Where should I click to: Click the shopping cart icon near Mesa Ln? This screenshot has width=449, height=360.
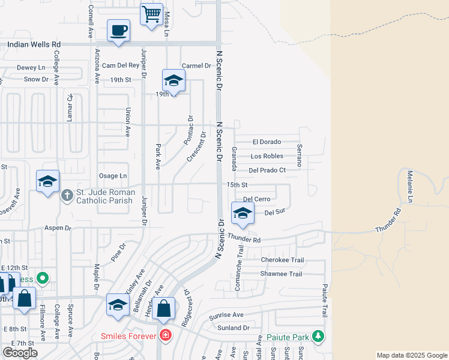[152, 14]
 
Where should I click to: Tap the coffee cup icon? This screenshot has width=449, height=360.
[119, 30]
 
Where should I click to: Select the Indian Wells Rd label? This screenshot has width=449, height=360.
[34, 44]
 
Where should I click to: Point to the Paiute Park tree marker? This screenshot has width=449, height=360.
[318, 337]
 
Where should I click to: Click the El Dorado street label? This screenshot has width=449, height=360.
[267, 142]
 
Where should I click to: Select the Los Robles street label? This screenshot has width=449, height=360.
[267, 156]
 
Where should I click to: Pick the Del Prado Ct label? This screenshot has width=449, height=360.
[267, 170]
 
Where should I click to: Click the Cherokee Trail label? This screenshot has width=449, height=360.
[282, 260]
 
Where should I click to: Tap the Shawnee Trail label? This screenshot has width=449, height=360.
[281, 274]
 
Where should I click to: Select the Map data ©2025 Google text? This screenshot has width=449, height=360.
[412, 355]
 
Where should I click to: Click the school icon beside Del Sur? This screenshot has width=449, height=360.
[243, 213]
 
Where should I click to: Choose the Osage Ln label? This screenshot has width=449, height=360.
[114, 175]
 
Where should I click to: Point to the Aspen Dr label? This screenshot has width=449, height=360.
[58, 229]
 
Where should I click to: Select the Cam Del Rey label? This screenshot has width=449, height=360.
[120, 65]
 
